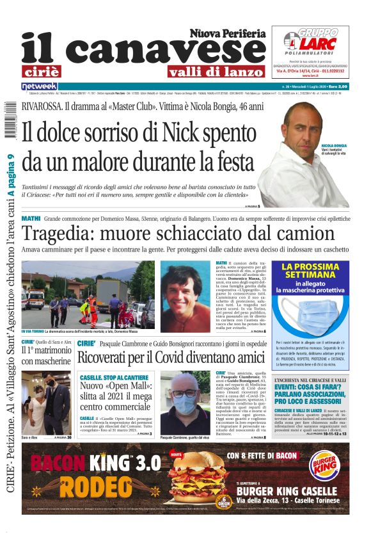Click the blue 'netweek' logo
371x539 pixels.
(x=39, y=86)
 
